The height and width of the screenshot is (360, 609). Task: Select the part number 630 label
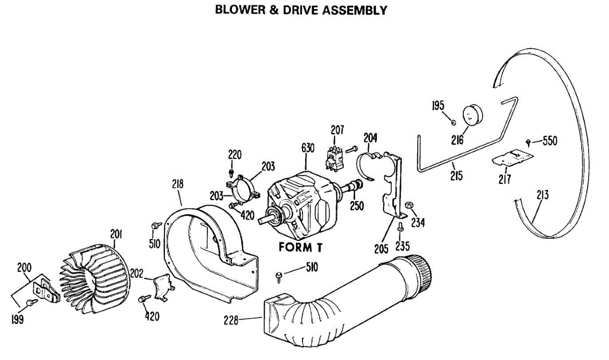308,148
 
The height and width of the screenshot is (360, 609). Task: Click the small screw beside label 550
529,141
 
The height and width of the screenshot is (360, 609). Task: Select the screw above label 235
400,226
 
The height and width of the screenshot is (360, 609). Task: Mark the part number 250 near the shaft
356,207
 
